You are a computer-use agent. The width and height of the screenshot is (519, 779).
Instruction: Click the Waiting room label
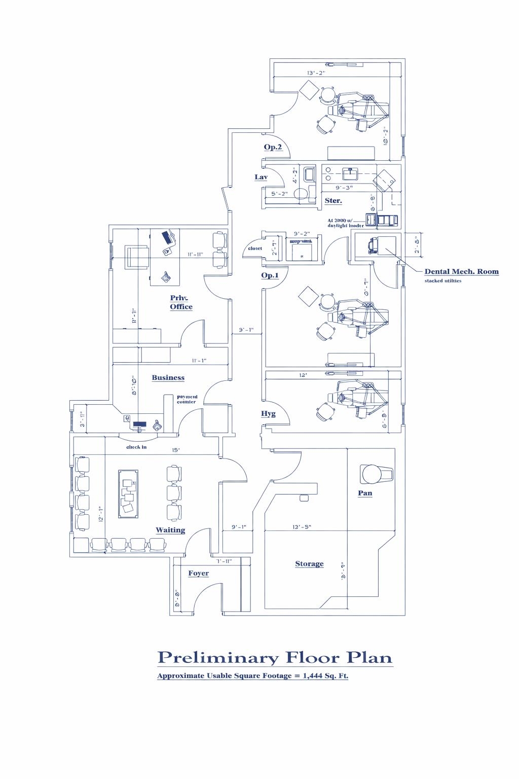click(170, 530)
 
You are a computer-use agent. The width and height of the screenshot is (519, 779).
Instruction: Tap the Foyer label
click(198, 573)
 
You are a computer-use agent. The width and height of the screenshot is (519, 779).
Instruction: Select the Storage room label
click(309, 564)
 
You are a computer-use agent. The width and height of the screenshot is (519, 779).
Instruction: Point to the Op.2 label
click(273, 147)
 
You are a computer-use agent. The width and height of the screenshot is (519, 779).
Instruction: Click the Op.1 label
click(270, 275)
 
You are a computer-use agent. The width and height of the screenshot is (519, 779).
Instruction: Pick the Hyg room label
click(268, 414)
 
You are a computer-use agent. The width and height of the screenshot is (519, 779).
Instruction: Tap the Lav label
click(261, 177)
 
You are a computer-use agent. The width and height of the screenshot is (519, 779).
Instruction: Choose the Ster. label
click(333, 201)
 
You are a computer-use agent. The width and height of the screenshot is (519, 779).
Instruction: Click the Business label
click(168, 378)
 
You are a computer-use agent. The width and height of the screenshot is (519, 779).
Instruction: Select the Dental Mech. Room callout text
click(461, 272)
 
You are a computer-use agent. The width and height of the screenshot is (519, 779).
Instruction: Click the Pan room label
click(365, 493)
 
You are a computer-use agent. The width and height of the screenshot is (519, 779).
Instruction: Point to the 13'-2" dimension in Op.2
click(316, 73)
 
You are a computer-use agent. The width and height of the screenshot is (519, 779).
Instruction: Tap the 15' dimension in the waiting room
click(176, 450)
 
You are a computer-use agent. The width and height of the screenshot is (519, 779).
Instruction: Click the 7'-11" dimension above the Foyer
click(224, 561)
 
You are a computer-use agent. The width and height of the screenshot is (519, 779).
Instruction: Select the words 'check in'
click(136, 447)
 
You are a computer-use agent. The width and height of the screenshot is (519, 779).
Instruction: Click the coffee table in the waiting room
click(129, 493)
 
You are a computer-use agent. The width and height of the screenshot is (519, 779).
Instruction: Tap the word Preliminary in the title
click(218, 658)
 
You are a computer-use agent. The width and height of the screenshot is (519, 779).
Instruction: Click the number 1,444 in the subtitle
click(315, 676)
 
